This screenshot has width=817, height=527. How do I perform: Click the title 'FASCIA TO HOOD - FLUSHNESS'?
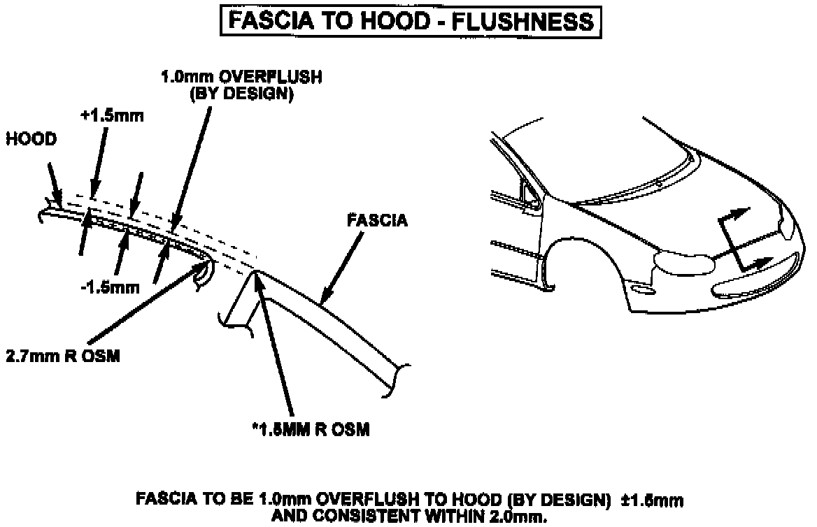pyautogui.click(x=408, y=21)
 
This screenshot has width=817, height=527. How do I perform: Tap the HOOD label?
pyautogui.click(x=31, y=139)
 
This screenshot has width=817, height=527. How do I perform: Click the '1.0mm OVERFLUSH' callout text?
pyautogui.click(x=241, y=78)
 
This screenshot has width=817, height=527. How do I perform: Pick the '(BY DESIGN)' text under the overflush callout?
pyautogui.click(x=241, y=95)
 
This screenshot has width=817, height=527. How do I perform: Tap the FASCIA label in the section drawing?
pyautogui.click(x=377, y=222)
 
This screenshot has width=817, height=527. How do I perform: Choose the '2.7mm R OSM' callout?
pyautogui.click(x=63, y=356)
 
